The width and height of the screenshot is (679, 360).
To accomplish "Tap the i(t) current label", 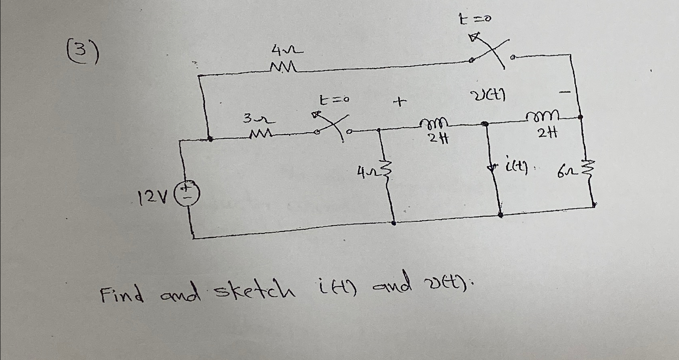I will pyautogui.click(x=516, y=164).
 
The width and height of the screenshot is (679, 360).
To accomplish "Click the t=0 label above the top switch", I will pyautogui.click(x=475, y=18).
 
